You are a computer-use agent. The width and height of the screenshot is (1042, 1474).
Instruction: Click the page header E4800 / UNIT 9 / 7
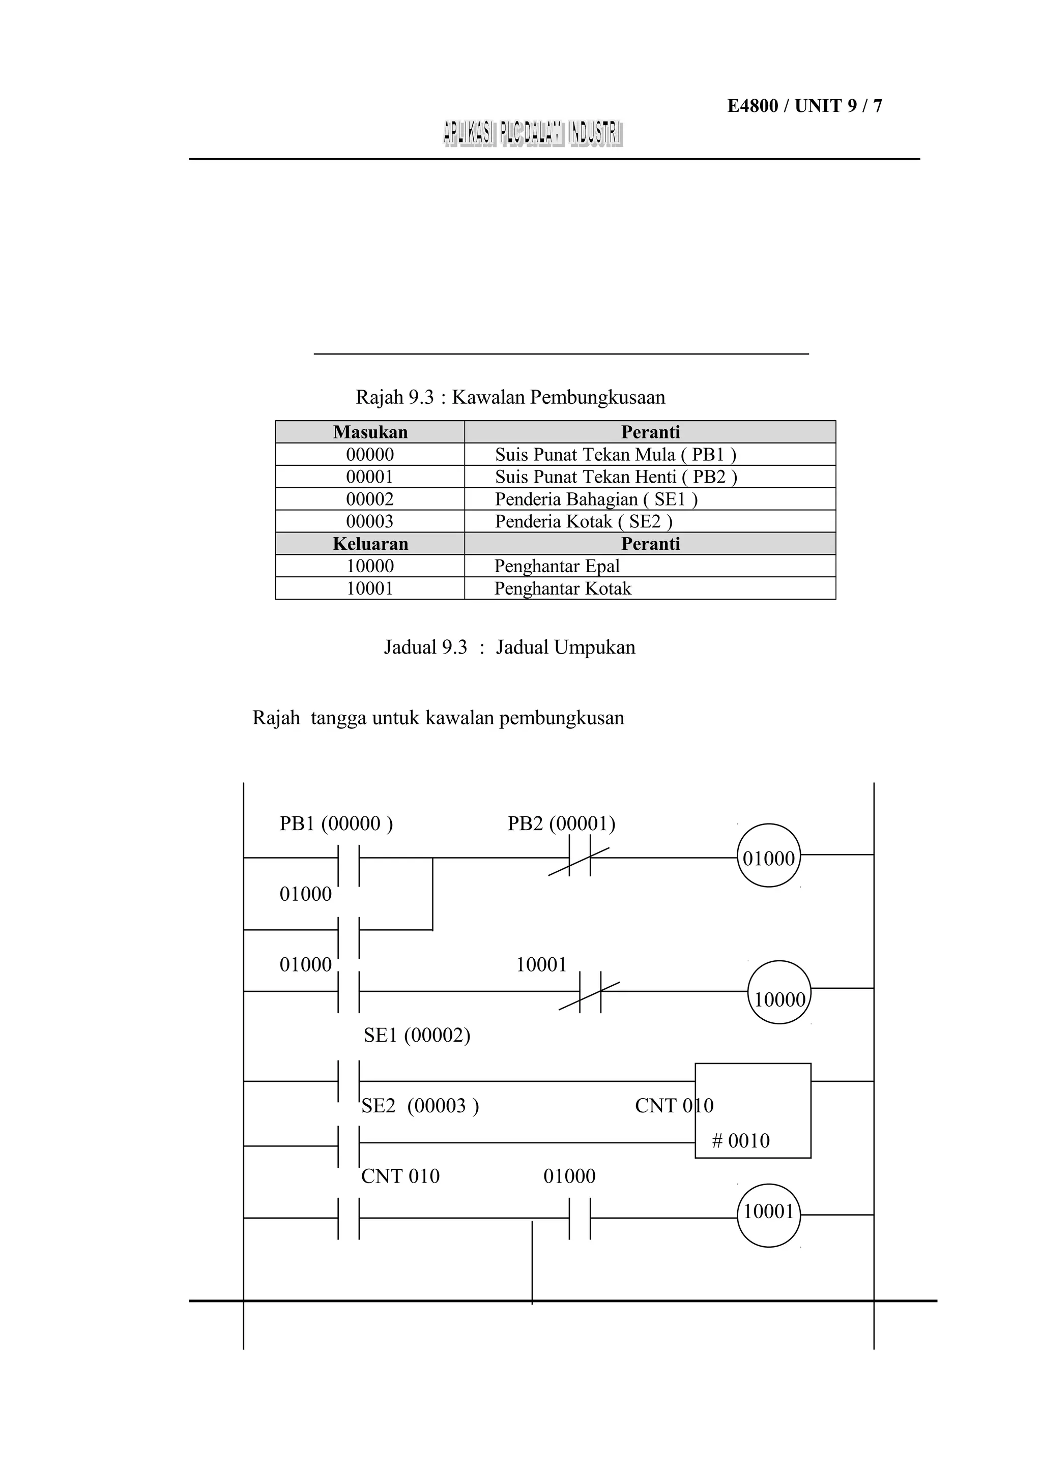(x=804, y=106)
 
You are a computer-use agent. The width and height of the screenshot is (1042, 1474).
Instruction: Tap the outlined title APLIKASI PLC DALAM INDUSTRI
(x=532, y=134)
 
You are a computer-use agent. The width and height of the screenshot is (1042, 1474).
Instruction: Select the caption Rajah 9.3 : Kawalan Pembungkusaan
(x=510, y=397)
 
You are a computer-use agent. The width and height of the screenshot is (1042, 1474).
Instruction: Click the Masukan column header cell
(x=370, y=432)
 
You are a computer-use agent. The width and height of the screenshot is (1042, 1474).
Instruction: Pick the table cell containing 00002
(x=370, y=499)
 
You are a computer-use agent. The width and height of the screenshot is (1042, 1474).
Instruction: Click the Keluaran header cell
(x=370, y=544)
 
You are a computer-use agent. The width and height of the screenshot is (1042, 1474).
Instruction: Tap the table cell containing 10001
(x=370, y=588)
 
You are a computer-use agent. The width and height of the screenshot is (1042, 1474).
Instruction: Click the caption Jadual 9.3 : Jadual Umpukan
(x=510, y=647)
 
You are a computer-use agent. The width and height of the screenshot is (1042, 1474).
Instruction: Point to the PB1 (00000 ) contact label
(x=336, y=823)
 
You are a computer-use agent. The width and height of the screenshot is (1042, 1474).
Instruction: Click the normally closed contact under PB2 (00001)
(x=580, y=858)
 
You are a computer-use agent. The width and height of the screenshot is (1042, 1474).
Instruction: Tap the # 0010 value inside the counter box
(x=740, y=1141)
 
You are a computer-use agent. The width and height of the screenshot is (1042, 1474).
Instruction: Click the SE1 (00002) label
(x=417, y=1035)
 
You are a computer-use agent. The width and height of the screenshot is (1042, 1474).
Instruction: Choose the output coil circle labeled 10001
(x=768, y=1212)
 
